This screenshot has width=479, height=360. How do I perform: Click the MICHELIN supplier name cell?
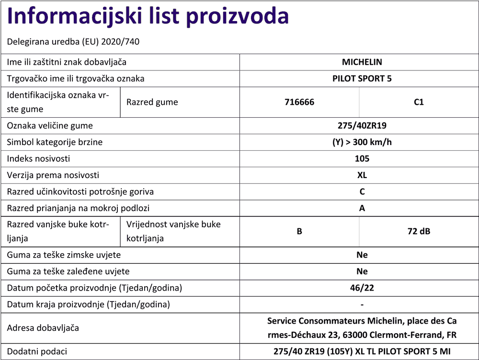(x=362, y=62)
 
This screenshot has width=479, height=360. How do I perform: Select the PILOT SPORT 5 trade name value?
(x=362, y=79)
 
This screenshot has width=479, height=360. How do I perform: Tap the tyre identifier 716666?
(x=299, y=102)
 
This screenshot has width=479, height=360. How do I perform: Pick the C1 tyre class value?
(x=419, y=102)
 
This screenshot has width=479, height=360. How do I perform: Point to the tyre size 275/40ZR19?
(x=362, y=126)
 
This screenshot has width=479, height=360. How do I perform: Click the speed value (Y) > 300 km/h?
(x=362, y=142)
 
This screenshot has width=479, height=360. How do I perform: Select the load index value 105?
(x=362, y=158)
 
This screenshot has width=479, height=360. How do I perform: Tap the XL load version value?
(x=362, y=175)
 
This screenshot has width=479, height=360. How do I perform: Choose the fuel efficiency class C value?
(x=362, y=191)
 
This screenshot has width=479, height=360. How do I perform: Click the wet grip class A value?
(x=362, y=208)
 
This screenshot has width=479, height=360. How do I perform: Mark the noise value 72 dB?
(x=419, y=231)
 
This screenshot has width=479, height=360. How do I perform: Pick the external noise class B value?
(x=299, y=231)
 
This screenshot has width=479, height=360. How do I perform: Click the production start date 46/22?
(x=362, y=288)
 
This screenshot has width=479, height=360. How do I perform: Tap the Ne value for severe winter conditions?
(x=362, y=255)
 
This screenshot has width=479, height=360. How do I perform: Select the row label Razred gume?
(x=152, y=102)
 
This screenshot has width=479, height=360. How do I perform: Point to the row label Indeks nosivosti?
(x=38, y=158)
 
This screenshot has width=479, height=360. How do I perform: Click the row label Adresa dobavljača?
(x=43, y=328)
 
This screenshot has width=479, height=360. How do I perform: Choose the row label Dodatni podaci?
(x=37, y=351)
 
